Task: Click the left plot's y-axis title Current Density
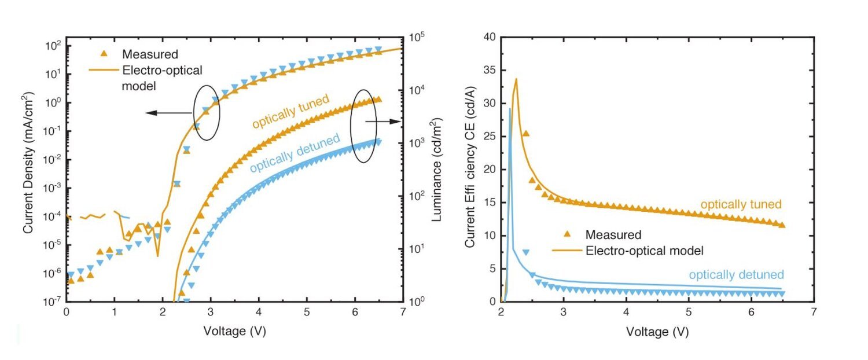[28, 168]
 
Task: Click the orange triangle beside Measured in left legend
[104, 54]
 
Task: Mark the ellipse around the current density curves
[207, 113]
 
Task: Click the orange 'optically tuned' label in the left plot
[289, 112]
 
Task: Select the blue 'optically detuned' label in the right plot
[736, 274]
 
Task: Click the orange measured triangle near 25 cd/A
[526, 134]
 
